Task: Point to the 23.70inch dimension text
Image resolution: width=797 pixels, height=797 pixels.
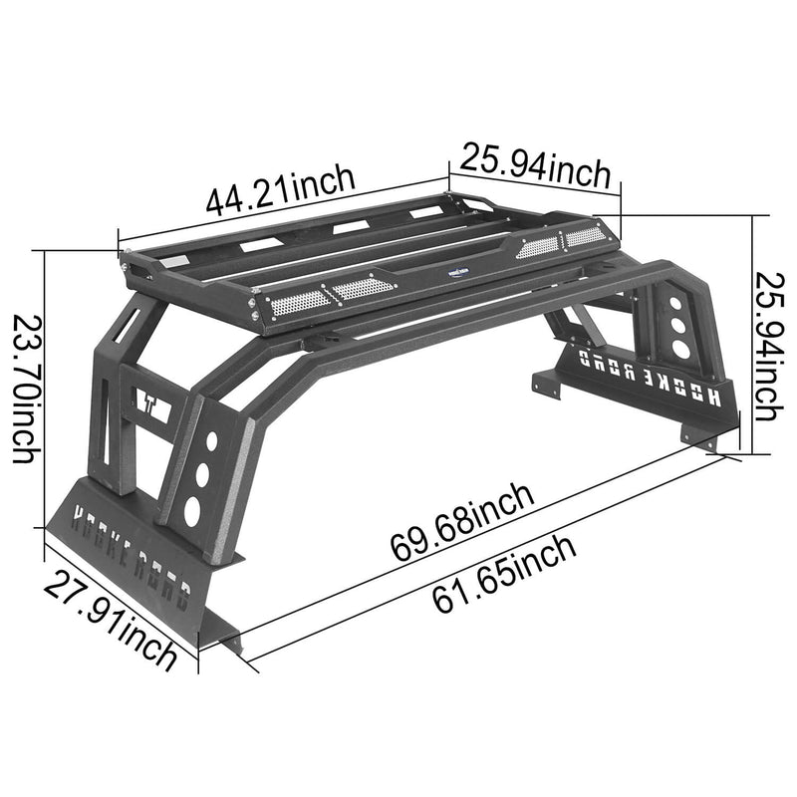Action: [26, 389]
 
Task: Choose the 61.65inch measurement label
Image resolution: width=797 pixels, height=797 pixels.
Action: [504, 576]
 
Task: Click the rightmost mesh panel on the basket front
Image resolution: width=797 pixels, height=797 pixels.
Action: [584, 236]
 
